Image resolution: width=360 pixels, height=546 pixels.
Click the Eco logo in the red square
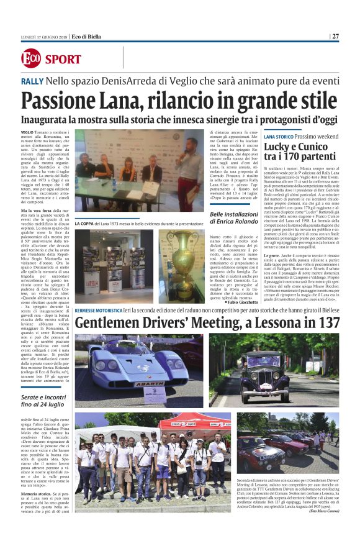(30, 59)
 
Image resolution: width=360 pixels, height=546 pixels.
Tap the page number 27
(335, 36)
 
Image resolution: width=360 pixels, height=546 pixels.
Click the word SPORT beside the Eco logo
(63, 60)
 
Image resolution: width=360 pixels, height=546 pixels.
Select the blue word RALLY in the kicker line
(32, 81)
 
